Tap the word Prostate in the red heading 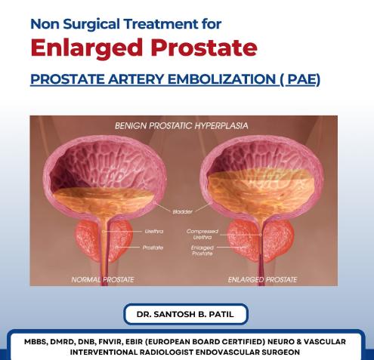tap(204, 48)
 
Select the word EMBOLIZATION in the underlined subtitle tap(222, 79)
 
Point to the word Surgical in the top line tap(91, 24)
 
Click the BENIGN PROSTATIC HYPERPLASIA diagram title tap(181, 126)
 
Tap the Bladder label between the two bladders tap(183, 212)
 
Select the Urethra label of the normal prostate tap(154, 231)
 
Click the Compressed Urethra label tap(202, 234)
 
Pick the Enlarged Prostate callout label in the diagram tap(202, 251)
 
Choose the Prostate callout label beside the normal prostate tap(153, 248)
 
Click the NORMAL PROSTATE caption tap(103, 280)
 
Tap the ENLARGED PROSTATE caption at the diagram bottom tap(262, 280)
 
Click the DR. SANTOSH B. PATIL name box tap(186, 314)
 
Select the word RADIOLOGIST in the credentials tap(166, 352)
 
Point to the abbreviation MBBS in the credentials tap(36, 342)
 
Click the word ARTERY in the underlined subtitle tap(136, 79)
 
